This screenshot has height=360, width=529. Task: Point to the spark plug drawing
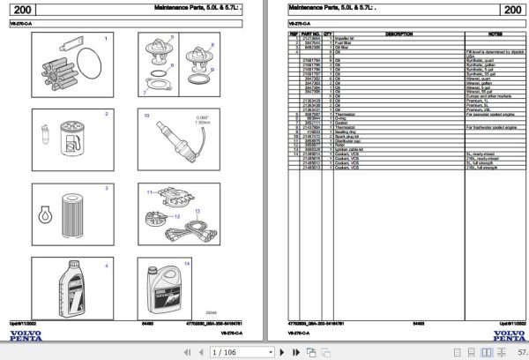click(x=173, y=138)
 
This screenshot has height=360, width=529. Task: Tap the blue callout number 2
click(x=107, y=114)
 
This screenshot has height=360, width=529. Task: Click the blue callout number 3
click(x=107, y=188)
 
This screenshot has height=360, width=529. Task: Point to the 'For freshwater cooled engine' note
click(x=492, y=126)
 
